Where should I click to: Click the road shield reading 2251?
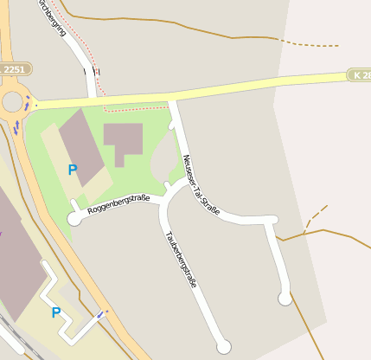coord(15,68)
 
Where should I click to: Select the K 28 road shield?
coord(360,76)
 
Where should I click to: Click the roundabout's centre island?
coord(12,103)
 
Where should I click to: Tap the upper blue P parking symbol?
coord(72,170)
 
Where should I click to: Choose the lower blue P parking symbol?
coord(56,312)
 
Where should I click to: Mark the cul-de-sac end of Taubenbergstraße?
coord(224,346)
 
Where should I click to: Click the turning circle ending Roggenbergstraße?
coord(74,220)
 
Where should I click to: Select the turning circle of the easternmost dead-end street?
coord(285,299)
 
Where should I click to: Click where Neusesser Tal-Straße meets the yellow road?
coord(171,99)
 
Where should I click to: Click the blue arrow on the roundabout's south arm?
coord(16,127)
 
